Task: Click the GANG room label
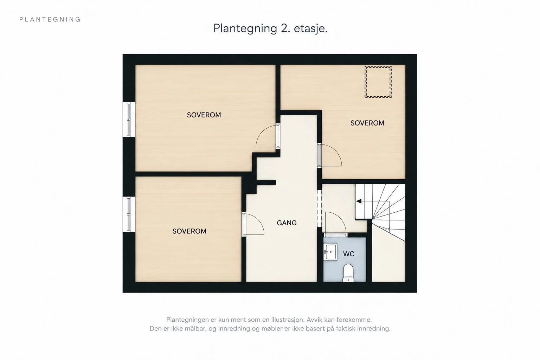coord(287,223)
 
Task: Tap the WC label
coord(349,254)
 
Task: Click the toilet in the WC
coord(348,273)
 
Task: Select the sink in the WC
coord(330,252)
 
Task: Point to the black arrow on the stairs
coord(359,201)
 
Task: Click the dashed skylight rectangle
coord(378,82)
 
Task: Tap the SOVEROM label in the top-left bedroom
coord(204,115)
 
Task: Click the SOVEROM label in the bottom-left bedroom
coord(189,231)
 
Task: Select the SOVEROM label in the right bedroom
coord(367,123)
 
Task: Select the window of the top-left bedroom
coord(129,120)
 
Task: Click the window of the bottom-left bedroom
coord(129,214)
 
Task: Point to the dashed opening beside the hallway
coord(320,208)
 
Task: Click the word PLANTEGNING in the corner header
coord(50,20)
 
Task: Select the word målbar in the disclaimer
coord(195,329)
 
